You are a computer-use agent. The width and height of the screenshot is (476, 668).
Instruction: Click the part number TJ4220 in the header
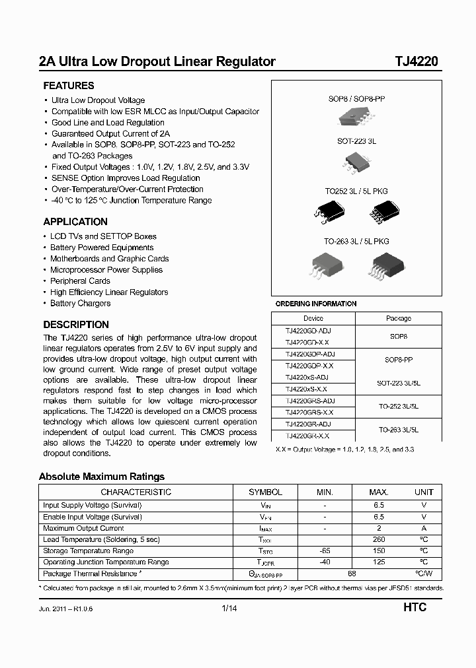pos(416,62)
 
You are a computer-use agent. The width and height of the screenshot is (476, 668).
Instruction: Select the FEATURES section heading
pos(69,86)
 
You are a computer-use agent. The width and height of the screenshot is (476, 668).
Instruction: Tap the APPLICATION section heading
pos(75,222)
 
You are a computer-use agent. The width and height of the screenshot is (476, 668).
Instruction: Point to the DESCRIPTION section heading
pos(76,325)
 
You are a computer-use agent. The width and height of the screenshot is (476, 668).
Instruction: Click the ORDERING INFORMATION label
pos(315,304)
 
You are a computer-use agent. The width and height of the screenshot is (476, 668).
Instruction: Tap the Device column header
pos(313,318)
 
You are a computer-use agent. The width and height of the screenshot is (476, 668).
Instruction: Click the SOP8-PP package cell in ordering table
pos(398,360)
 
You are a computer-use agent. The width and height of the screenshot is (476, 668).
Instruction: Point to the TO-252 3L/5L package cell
pos(398,406)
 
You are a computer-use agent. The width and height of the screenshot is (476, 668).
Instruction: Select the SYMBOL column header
pos(265,492)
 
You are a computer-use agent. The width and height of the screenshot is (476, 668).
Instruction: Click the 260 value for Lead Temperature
pos(379,539)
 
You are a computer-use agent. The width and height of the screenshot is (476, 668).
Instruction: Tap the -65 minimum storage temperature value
pos(325,551)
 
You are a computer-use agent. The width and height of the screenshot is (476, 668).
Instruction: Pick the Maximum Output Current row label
pos(83,528)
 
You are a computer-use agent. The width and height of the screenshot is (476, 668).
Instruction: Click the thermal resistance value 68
pos(352,574)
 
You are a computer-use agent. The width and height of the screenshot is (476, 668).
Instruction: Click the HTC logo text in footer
pos(415,607)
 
